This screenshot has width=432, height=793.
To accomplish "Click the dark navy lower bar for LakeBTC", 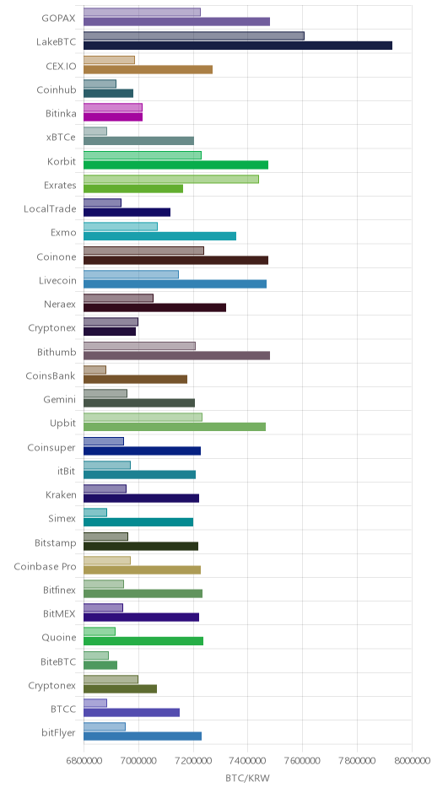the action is coord(238,46).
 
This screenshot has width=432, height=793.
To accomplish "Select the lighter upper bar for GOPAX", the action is coord(142,12).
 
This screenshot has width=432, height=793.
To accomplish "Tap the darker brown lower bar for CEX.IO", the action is coord(148,69).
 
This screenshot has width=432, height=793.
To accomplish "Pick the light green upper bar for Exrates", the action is coord(171,179).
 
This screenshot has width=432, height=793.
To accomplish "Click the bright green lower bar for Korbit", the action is coord(175,165).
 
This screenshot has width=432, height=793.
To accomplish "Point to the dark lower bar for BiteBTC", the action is coord(100,665).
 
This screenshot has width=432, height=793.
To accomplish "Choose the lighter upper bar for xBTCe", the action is coord(95,132).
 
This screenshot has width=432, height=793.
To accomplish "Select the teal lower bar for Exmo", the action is coord(159,236).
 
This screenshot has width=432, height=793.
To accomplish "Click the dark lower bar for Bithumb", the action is coord(176,355).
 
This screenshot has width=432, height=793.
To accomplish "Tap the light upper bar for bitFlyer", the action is coord(105,726).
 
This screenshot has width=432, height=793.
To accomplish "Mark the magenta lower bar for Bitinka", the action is coord(113,117).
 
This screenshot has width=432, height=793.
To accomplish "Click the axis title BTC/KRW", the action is coord(247,779).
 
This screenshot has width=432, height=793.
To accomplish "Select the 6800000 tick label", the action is coord(84,761).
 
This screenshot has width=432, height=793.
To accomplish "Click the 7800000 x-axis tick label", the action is coord(357,761).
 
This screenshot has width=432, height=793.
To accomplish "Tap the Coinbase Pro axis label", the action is coord(45,566).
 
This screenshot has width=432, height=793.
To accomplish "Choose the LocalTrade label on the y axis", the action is coord(50,209).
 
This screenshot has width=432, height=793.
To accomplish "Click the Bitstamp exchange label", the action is coord(55,543).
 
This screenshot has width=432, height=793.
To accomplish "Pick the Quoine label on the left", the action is coord(59,638).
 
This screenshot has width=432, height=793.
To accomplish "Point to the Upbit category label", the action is coord(62,423).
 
